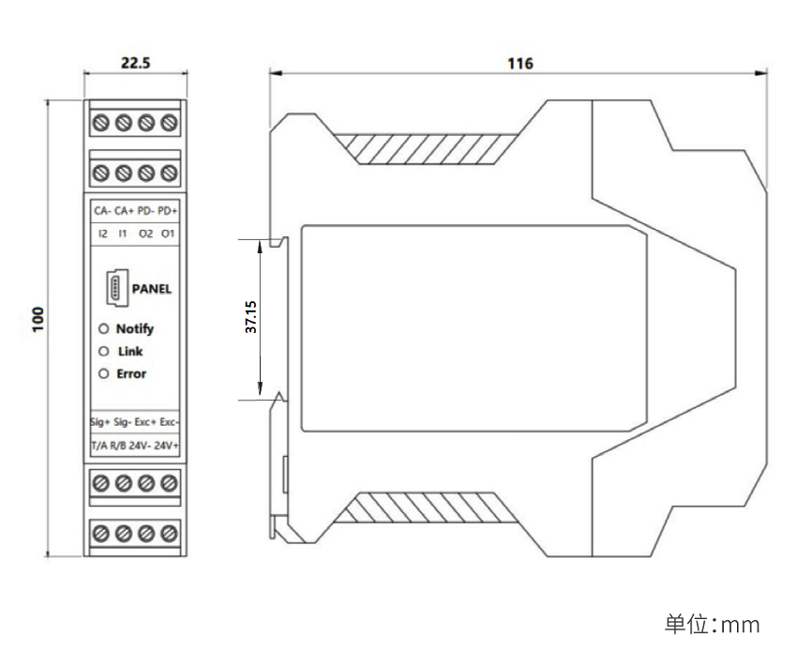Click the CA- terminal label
(x=101, y=211)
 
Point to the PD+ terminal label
(x=168, y=211)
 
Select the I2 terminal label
(x=102, y=232)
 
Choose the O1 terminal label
(x=168, y=232)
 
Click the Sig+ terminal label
(x=100, y=422)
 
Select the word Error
(x=131, y=374)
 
